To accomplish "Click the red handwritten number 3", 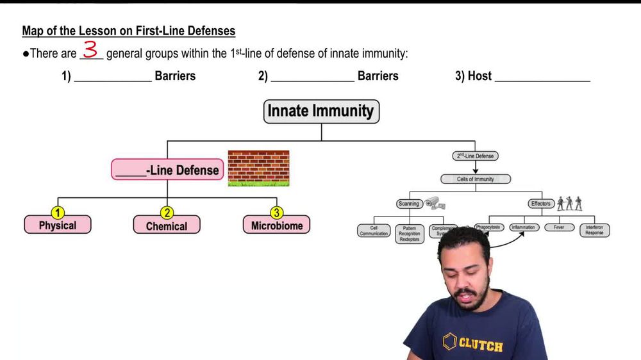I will (x=90, y=49).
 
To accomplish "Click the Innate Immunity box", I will (x=321, y=111).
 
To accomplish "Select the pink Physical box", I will (x=58, y=225).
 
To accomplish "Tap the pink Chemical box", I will (x=167, y=225).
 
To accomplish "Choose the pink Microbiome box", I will (x=276, y=225).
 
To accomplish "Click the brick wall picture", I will (x=258, y=168).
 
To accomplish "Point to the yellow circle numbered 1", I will (x=58, y=213).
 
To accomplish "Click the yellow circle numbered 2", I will (x=167, y=213).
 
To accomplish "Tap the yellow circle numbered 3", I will (x=276, y=213).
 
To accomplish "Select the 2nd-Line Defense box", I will (x=475, y=156).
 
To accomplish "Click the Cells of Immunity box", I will (x=475, y=179).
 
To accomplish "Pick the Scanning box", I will (x=408, y=204).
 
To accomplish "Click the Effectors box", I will (x=540, y=204).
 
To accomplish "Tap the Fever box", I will (x=559, y=227).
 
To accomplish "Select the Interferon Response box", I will (x=594, y=230).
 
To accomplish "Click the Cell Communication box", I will (x=374, y=231).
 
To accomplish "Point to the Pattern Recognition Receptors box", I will (x=409, y=233).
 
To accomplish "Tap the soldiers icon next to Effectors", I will (x=569, y=203).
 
